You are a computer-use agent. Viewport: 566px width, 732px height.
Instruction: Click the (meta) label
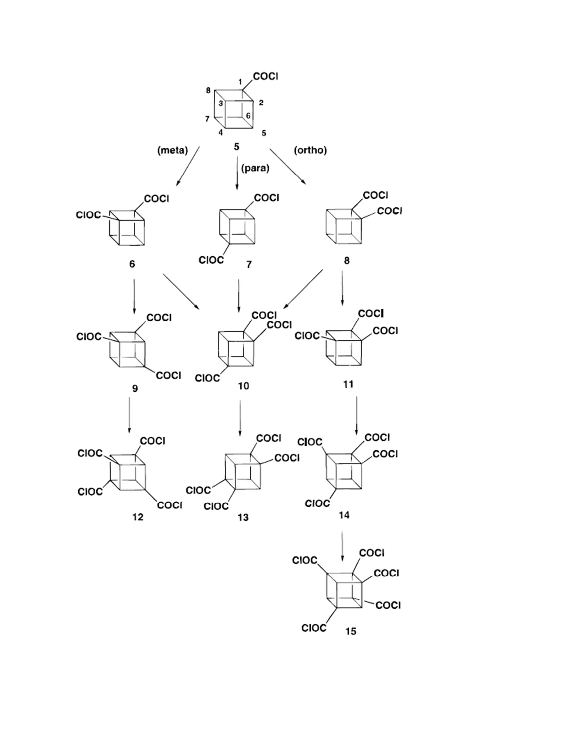pyautogui.click(x=172, y=150)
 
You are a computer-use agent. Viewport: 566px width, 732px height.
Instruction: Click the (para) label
pyautogui.click(x=255, y=168)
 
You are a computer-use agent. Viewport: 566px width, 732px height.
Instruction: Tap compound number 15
pyautogui.click(x=351, y=631)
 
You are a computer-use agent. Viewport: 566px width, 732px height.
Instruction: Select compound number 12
pyautogui.click(x=137, y=517)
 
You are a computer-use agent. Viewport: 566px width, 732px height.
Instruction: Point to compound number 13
pyautogui.click(x=243, y=517)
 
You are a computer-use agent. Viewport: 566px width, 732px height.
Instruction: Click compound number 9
pyautogui.click(x=135, y=388)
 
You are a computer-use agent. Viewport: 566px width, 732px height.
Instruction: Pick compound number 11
pyautogui.click(x=348, y=384)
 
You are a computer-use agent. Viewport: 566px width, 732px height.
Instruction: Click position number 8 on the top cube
pyautogui.click(x=208, y=91)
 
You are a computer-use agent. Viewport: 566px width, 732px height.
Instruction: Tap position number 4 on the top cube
pyautogui.click(x=221, y=133)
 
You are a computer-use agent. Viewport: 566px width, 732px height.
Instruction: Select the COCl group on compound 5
pyautogui.click(x=266, y=77)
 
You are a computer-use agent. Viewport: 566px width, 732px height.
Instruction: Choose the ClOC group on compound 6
pyautogui.click(x=88, y=215)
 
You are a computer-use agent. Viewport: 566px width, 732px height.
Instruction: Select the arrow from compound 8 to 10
pyautogui.click(x=303, y=289)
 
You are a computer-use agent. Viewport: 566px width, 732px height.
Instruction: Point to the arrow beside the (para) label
pyautogui.click(x=237, y=173)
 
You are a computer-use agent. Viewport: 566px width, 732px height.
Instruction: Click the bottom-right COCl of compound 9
pyautogui.click(x=168, y=375)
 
